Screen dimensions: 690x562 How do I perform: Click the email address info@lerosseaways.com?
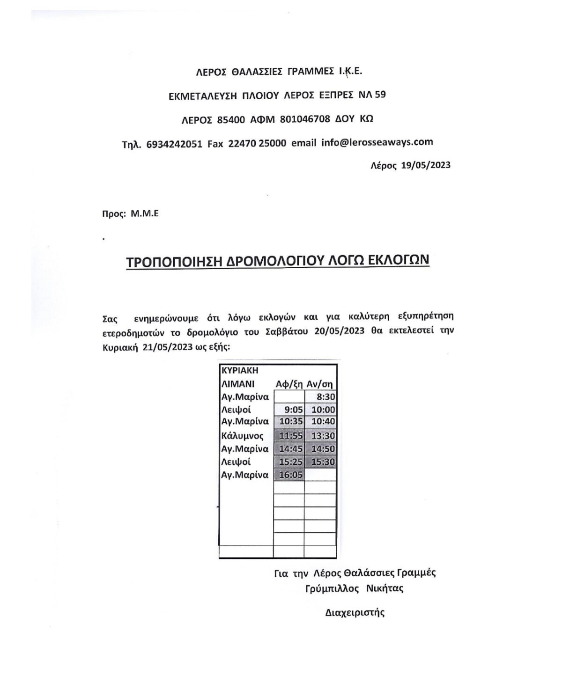pyautogui.click(x=377, y=142)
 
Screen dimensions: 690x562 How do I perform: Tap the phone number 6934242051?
pyautogui.click(x=174, y=144)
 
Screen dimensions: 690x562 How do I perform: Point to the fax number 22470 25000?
pyautogui.click(x=257, y=144)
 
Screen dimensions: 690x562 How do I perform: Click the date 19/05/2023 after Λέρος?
pyautogui.click(x=426, y=165)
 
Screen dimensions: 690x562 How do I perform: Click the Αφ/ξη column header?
pyautogui.click(x=289, y=384)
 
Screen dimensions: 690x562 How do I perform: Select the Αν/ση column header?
pyautogui.click(x=320, y=384)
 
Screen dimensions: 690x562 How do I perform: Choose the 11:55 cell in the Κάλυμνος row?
pyautogui.click(x=291, y=436)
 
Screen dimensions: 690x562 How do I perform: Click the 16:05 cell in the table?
pyautogui.click(x=291, y=475)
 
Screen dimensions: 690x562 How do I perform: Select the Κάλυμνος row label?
pyautogui.click(x=242, y=436)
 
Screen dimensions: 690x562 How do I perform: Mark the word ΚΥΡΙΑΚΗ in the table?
pyautogui.click(x=240, y=370)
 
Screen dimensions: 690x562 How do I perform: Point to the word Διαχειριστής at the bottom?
pyautogui.click(x=355, y=612)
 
